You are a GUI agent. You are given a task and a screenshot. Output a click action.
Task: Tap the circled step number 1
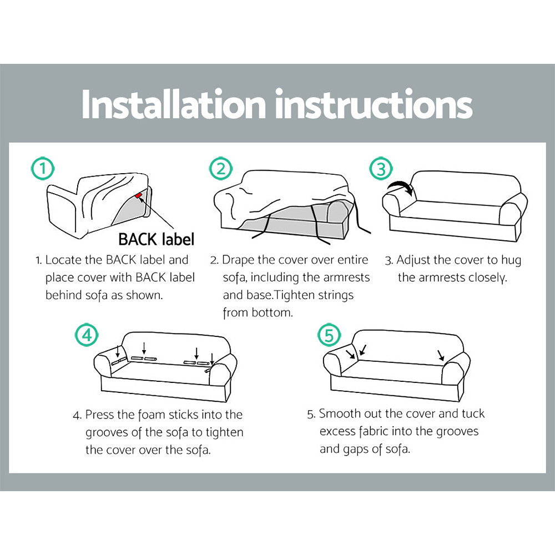(42, 168)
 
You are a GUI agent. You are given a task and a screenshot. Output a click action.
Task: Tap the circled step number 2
(221, 168)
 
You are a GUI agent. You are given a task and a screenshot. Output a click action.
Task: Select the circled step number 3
(381, 168)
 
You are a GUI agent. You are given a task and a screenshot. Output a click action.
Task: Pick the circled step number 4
(87, 334)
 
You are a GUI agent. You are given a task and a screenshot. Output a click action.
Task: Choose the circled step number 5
(329, 335)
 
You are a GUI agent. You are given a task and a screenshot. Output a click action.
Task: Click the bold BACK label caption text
(157, 240)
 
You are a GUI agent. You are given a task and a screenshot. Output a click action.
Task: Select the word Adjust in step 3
(415, 260)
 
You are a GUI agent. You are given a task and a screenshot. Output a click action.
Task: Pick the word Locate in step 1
(63, 260)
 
